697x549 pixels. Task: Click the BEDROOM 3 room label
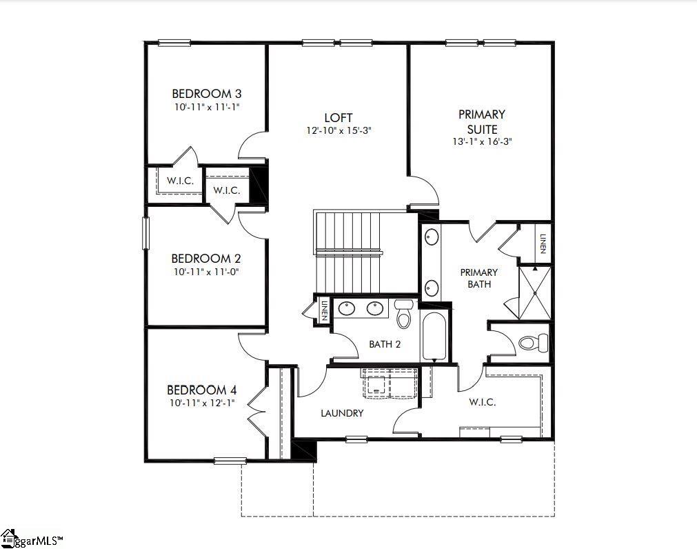click(x=206, y=94)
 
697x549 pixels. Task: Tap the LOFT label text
click(x=339, y=117)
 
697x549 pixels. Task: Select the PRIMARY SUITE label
click(x=481, y=121)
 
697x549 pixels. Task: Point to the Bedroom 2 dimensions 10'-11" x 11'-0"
click(x=206, y=272)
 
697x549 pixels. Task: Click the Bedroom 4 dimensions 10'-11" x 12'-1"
click(x=201, y=403)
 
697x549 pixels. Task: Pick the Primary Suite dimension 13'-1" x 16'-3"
click(x=481, y=141)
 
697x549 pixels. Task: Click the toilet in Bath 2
click(x=404, y=317)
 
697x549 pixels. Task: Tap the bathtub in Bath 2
click(x=434, y=337)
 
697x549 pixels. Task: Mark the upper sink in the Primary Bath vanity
click(x=432, y=237)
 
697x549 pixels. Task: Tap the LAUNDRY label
click(x=342, y=413)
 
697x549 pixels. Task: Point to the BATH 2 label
click(x=385, y=344)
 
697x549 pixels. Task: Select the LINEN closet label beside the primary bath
click(x=543, y=243)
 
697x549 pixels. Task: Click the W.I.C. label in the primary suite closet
click(x=482, y=402)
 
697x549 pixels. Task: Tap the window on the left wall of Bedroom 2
click(x=145, y=233)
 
